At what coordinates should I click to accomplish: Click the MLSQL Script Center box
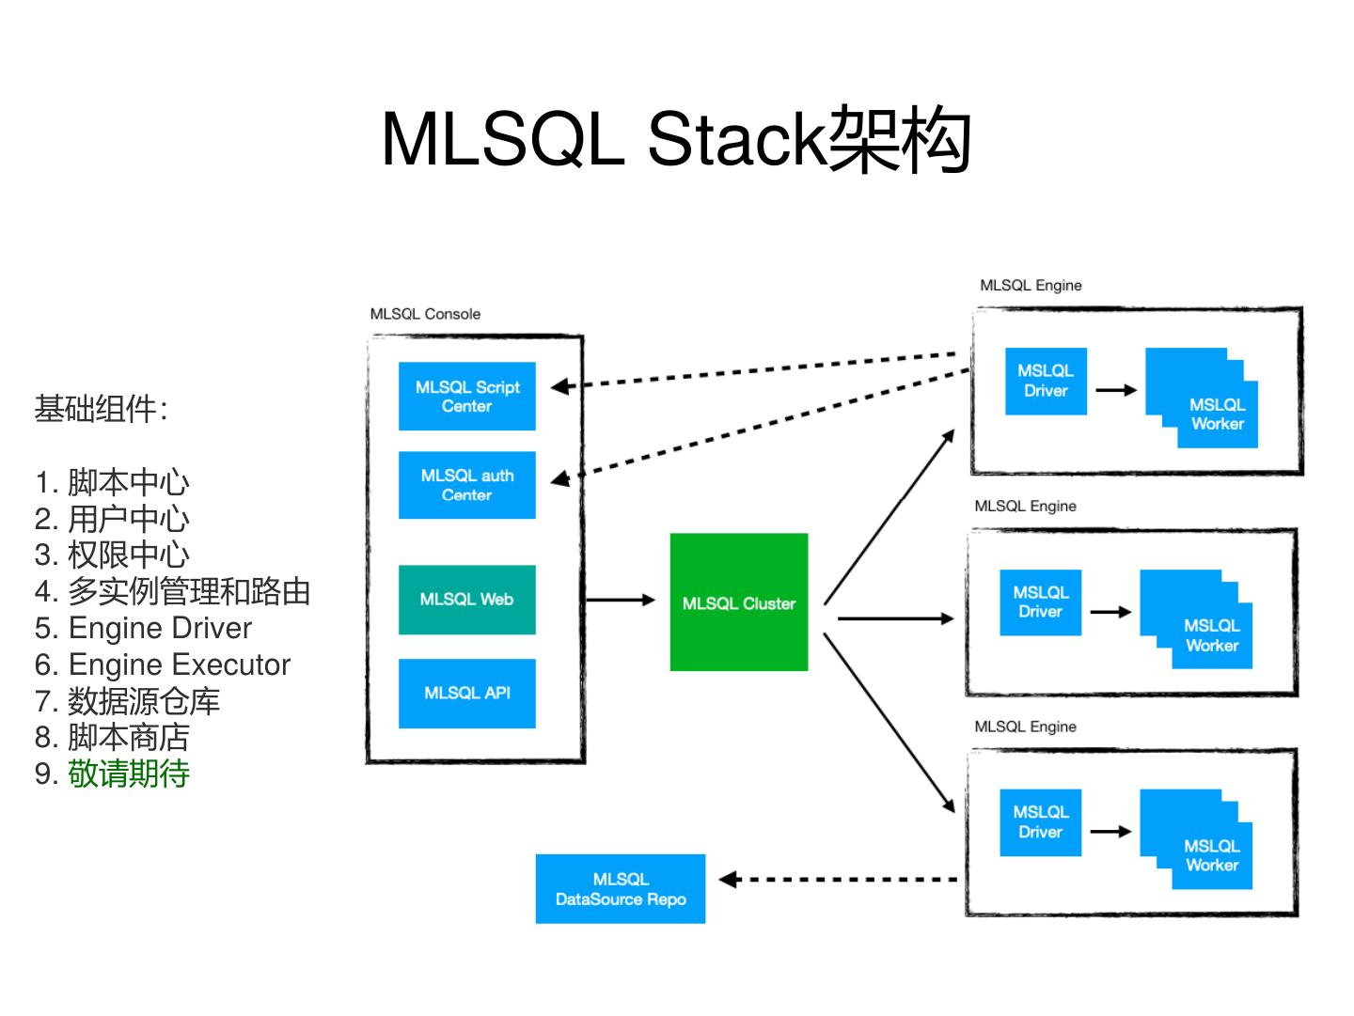466,396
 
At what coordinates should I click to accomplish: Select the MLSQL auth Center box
466,485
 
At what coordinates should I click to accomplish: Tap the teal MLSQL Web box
466,600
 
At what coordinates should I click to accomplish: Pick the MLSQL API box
466,694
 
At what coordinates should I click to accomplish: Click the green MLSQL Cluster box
738,602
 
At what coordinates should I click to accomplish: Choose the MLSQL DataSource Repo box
620,889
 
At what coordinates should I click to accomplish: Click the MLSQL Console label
425,314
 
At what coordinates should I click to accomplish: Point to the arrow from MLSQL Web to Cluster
621,600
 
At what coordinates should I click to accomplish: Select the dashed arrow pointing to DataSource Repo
837,881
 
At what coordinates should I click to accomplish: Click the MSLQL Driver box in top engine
1045,381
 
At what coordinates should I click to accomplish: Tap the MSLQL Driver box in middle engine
1040,602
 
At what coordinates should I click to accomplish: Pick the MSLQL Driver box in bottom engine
1040,822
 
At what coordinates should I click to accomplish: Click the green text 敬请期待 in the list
129,774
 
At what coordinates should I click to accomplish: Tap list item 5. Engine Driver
144,628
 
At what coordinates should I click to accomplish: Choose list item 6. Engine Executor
163,664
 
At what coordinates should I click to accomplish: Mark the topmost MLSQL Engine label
1031,285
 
